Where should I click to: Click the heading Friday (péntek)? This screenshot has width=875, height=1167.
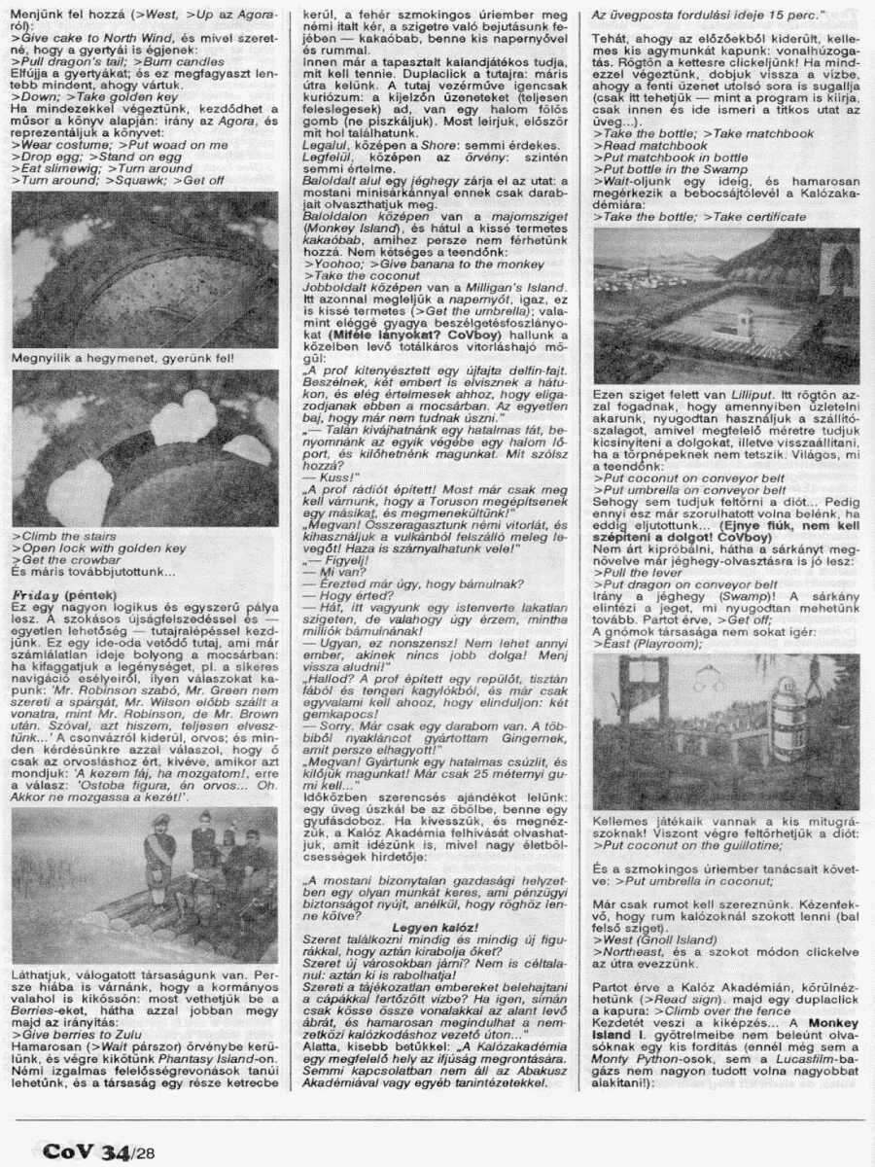[x=63, y=594]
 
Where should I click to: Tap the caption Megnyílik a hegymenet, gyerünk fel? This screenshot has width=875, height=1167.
[x=122, y=358]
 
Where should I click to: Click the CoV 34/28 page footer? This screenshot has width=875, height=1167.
[x=97, y=1151]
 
